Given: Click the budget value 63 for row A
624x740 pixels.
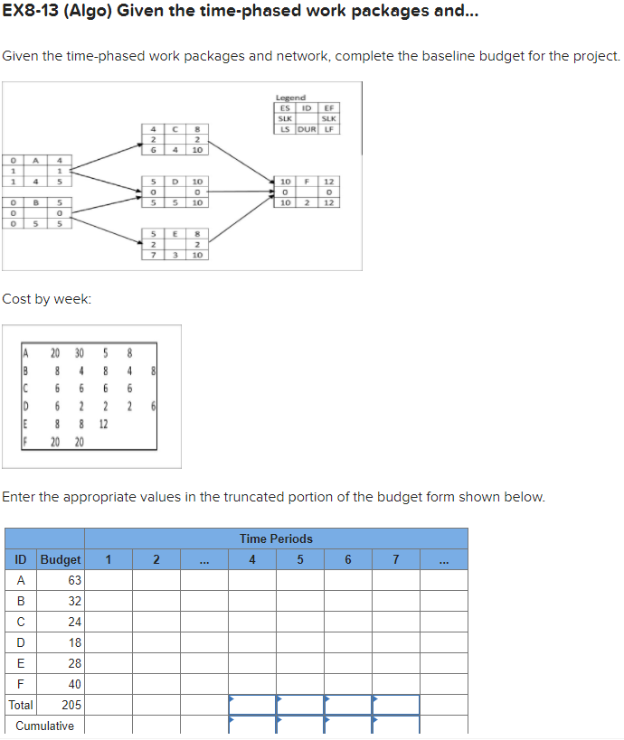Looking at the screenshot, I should (x=74, y=580).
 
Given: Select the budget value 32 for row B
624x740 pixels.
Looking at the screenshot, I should (x=74, y=601).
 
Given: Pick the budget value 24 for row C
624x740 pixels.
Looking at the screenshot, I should (x=74, y=622).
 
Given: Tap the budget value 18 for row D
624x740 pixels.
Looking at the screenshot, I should (x=74, y=642).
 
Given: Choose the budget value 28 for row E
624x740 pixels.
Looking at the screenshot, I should (x=74, y=663).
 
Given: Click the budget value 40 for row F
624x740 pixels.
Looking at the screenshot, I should (x=74, y=684).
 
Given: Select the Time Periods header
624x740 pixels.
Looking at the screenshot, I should (x=276, y=539).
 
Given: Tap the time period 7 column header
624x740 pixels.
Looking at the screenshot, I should (x=396, y=559).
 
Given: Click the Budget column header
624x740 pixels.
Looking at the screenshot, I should (x=61, y=559).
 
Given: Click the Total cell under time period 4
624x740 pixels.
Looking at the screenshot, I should (x=251, y=705).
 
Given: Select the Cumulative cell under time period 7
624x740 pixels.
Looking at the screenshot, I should (x=396, y=726).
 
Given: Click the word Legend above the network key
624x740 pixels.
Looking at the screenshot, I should (x=290, y=98).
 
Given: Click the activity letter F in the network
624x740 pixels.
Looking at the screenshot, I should (x=307, y=183).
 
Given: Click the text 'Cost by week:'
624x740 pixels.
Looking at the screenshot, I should (x=46, y=299).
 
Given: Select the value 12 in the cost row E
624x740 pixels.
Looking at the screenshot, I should (x=103, y=424).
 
